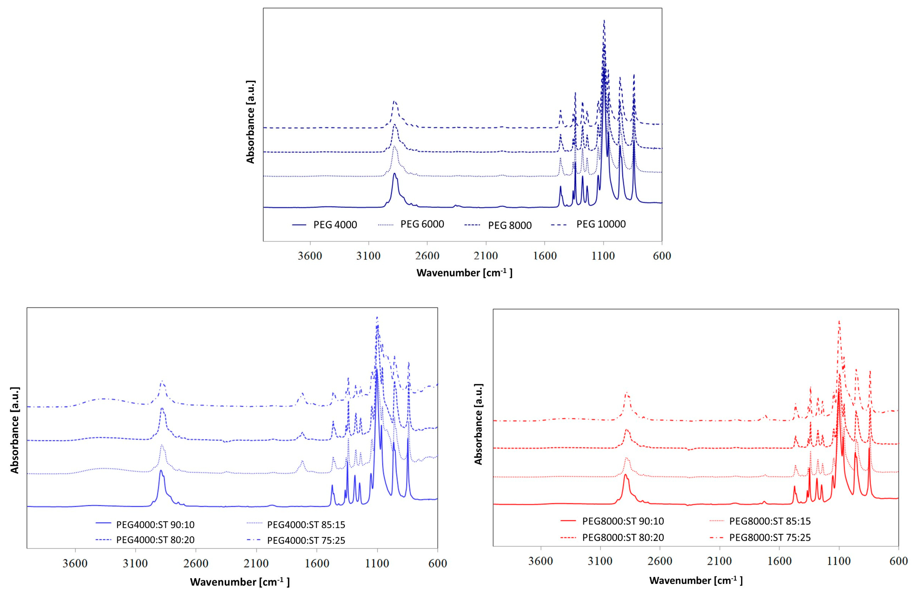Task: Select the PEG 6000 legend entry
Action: (422, 224)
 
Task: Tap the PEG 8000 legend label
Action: (510, 225)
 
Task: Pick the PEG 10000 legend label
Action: (601, 224)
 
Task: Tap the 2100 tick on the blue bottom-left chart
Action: (256, 563)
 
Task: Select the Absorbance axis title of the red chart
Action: (478, 424)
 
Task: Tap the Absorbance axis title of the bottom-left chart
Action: (15, 430)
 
